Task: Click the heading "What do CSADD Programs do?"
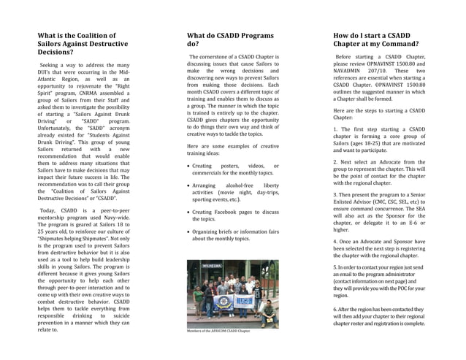230,39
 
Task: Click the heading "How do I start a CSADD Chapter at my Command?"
372,39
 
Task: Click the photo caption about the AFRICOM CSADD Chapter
218,331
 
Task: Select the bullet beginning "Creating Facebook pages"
234,215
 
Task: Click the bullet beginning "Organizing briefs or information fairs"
234,235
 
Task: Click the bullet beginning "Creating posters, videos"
234,169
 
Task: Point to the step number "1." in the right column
336,129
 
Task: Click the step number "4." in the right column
336,240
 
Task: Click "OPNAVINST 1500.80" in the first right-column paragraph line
395,64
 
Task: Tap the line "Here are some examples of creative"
232,146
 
